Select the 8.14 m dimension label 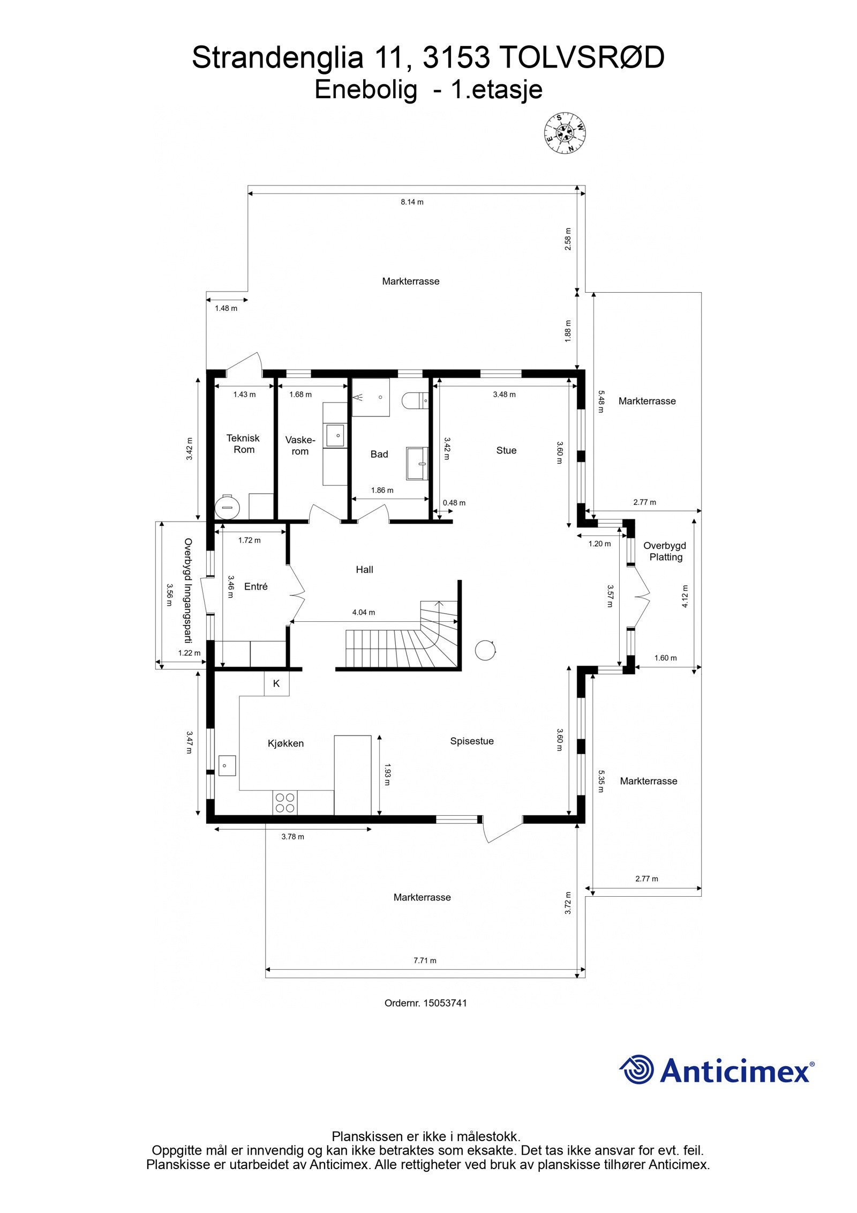[412, 202]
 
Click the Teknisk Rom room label [244, 444]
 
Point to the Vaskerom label [300, 445]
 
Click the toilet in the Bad [415, 401]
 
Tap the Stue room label [506, 450]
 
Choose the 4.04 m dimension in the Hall [364, 612]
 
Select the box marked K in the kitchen [276, 683]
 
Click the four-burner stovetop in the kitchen [285, 802]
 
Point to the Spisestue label [472, 741]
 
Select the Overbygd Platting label [665, 551]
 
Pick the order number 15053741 [445, 1002]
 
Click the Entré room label [255, 586]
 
